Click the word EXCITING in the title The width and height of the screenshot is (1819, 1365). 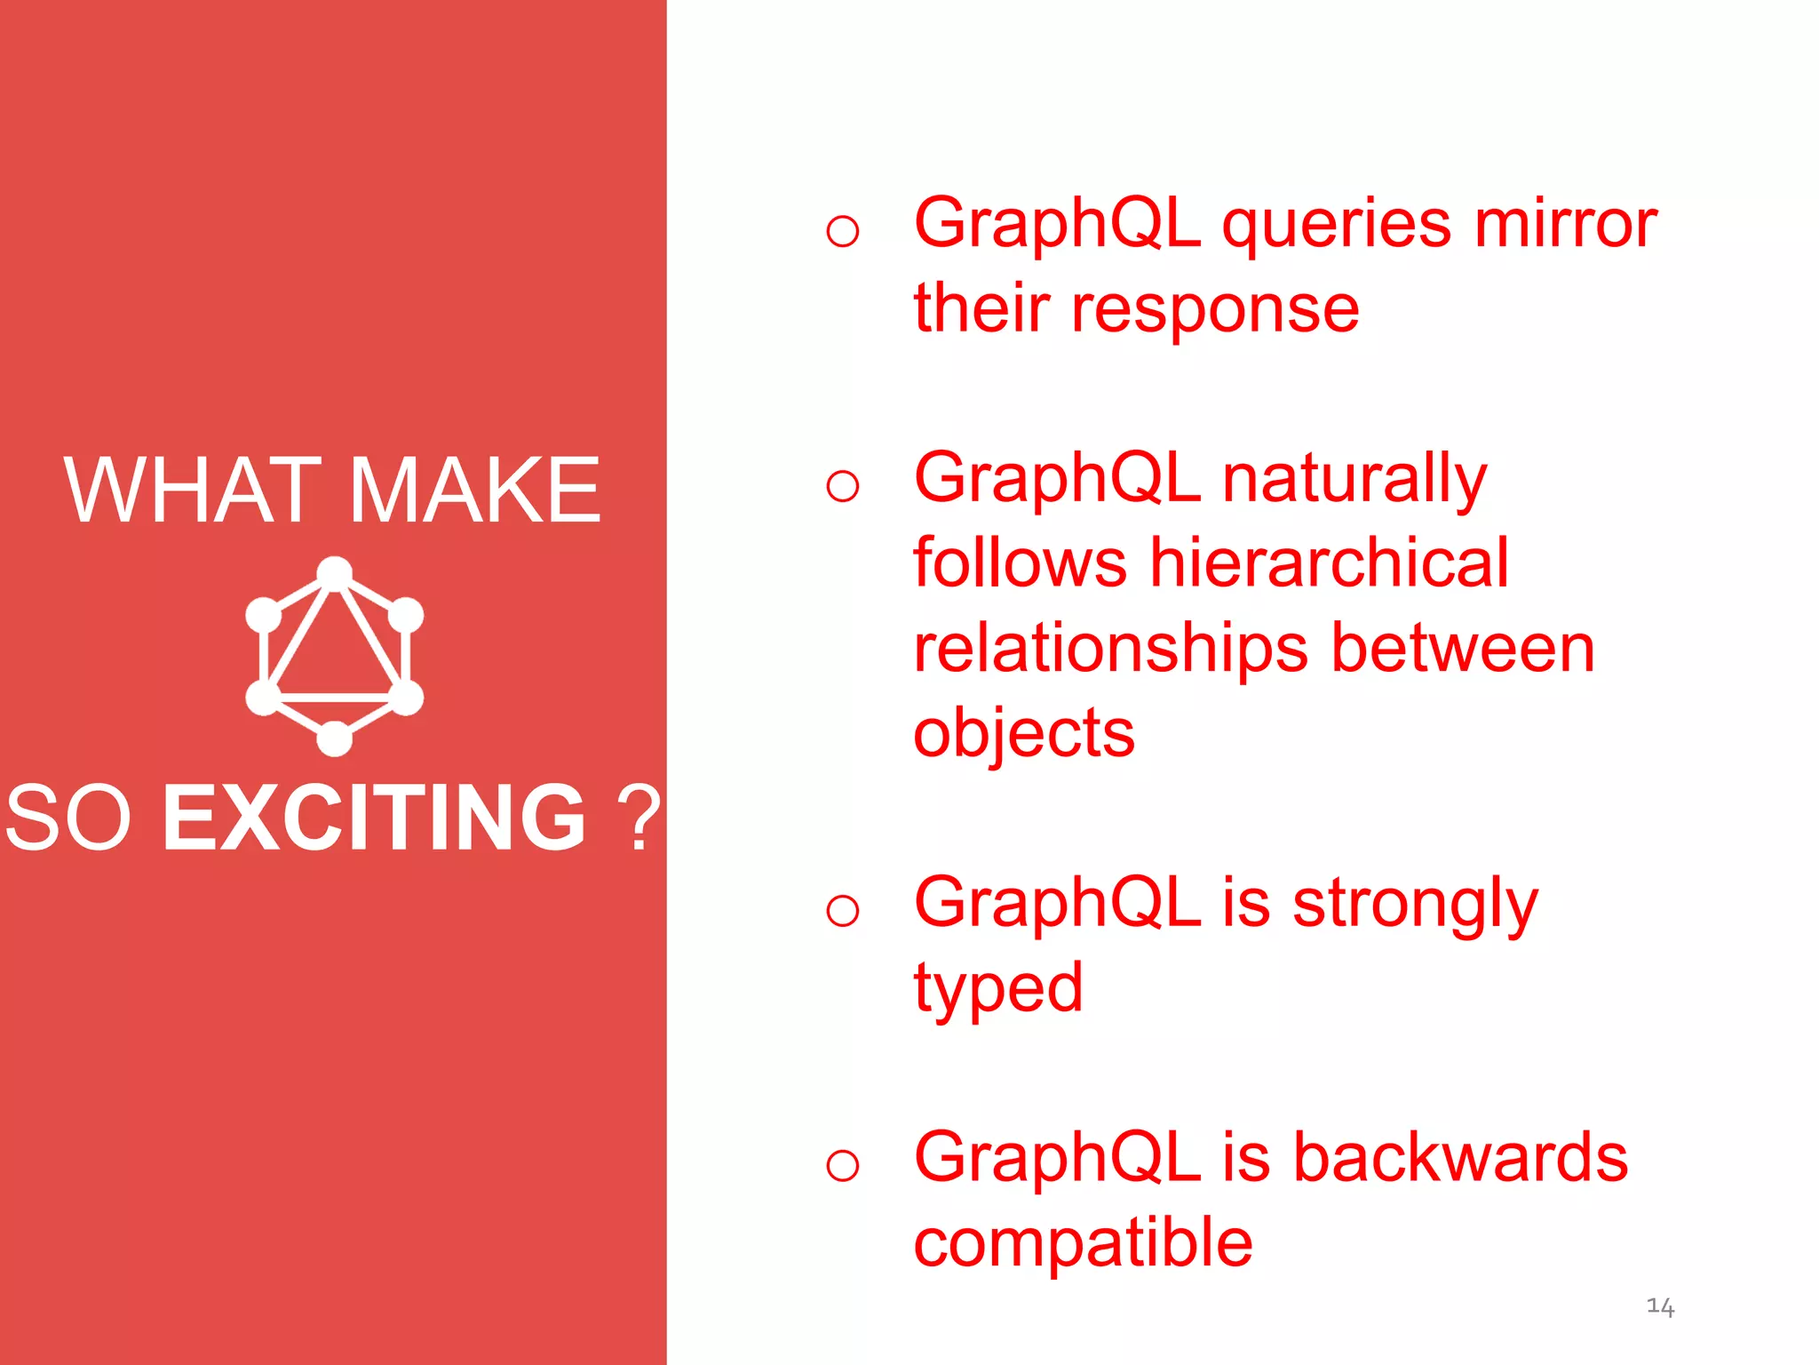tap(374, 818)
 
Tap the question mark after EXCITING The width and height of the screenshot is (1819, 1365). tap(639, 818)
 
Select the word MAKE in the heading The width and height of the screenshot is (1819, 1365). tap(476, 491)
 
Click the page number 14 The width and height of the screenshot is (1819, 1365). tap(1660, 1306)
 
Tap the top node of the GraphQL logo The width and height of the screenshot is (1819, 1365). tap(335, 573)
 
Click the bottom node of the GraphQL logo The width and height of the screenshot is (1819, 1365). tap(335, 738)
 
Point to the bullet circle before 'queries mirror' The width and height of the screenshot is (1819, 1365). tap(842, 232)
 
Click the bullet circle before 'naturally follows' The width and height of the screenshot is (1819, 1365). tap(842, 486)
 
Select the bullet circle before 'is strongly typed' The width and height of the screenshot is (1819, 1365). tap(842, 911)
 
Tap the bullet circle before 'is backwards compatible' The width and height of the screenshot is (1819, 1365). tap(842, 1165)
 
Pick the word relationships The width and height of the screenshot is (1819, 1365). tap(1110, 649)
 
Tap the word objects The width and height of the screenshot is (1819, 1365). tap(1023, 734)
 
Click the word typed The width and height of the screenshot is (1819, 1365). tap(998, 988)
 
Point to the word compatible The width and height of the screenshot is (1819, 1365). tap(1083, 1242)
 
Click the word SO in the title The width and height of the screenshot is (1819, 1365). tap(68, 818)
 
